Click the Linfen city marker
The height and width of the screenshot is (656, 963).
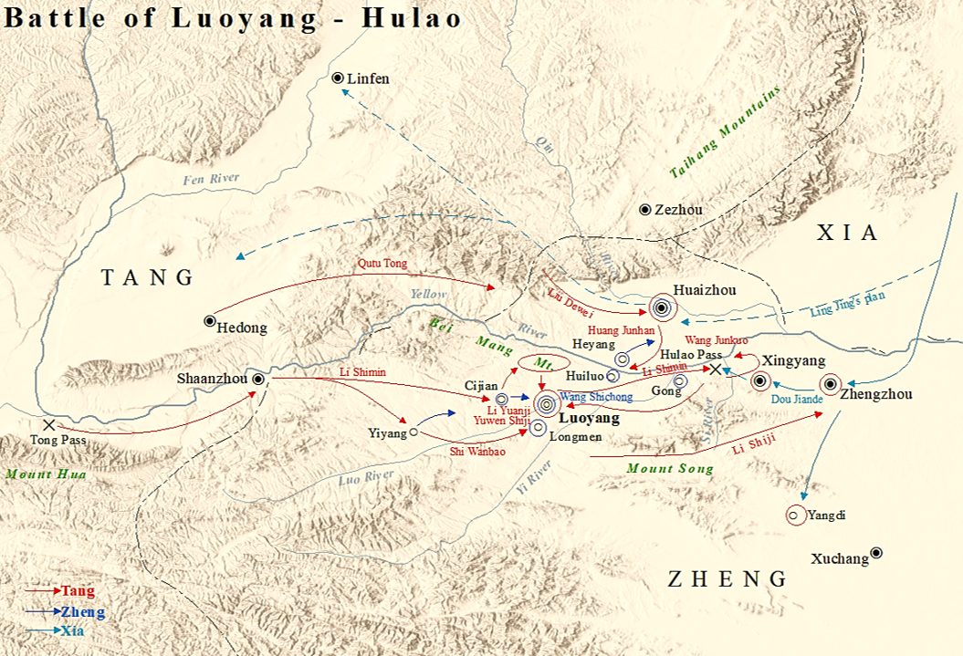(338, 78)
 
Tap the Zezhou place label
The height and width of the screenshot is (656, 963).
(678, 210)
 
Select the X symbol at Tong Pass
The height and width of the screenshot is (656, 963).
(48, 424)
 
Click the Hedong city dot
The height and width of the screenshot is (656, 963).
(210, 320)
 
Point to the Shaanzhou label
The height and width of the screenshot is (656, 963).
(214, 379)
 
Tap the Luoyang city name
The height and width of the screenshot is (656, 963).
(588, 418)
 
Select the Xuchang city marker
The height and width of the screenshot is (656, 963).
(876, 552)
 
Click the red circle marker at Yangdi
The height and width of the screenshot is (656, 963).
(794, 515)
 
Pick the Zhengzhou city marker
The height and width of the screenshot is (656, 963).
(831, 384)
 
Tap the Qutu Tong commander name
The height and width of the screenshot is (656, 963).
(382, 264)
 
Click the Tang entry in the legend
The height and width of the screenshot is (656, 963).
(77, 591)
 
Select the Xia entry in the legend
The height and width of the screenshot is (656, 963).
(73, 630)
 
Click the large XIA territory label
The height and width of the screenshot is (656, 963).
(847, 234)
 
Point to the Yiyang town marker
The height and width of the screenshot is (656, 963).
(413, 432)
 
